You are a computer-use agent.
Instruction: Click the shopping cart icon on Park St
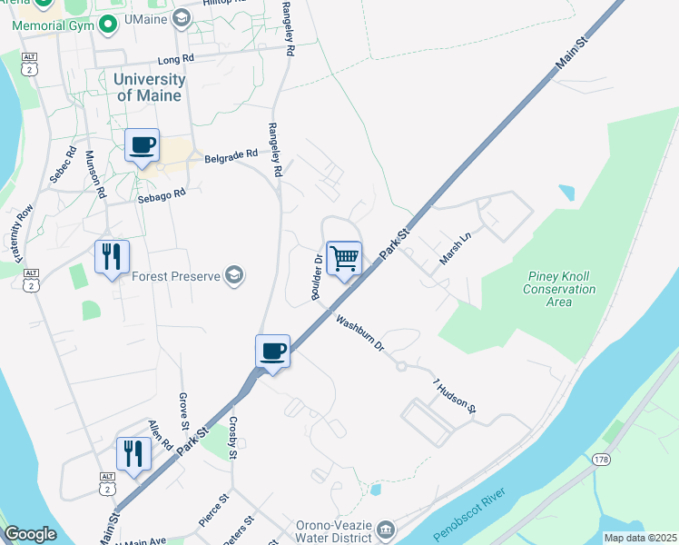pos(344,259)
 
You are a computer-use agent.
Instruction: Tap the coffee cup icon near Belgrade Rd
pos(142,145)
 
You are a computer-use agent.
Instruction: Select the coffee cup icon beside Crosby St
pos(272,351)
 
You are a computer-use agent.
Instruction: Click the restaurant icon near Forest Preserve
pos(112,257)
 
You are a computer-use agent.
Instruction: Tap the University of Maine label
pos(149,87)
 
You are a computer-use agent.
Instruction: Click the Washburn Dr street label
pos(360,333)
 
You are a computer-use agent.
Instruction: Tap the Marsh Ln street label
pos(456,248)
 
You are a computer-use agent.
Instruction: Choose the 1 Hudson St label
pos(454,396)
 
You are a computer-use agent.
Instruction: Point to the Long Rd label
pos(176,60)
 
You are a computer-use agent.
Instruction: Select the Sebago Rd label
pos(161,195)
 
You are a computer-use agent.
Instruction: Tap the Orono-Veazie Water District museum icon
pos(385,529)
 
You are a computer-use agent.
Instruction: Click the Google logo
pos(30,534)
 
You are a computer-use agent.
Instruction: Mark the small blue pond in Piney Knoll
pos(566,193)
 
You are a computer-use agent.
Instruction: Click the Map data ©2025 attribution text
pos(639,538)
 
